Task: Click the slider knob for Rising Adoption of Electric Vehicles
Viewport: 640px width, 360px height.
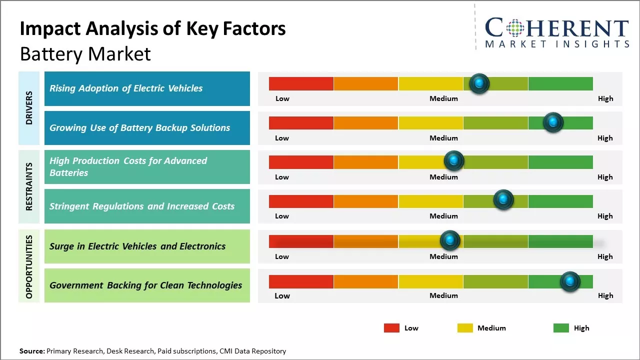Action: click(479, 83)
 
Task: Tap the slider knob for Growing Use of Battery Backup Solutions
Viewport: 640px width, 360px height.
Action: click(553, 122)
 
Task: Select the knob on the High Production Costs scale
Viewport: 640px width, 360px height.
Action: click(454, 160)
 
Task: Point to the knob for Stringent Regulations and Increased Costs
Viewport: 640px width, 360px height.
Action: click(503, 199)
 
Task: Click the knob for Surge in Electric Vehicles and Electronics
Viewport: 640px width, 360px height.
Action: click(450, 240)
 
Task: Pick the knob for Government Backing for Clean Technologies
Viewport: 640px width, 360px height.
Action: click(570, 281)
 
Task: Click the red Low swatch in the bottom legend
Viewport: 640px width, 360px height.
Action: click(391, 328)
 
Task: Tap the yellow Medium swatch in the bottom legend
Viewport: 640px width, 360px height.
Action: click(465, 328)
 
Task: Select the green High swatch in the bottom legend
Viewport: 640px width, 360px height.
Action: click(561, 328)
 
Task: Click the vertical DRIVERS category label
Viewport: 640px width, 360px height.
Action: click(29, 108)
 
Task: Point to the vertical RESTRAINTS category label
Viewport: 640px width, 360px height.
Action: click(29, 186)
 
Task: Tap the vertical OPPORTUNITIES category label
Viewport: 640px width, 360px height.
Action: click(29, 266)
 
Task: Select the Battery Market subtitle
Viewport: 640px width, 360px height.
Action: click(85, 54)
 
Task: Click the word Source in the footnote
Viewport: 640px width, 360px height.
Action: click(31, 351)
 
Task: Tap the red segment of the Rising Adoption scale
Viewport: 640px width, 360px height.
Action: click(301, 83)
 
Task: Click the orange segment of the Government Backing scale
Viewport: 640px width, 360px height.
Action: click(366, 281)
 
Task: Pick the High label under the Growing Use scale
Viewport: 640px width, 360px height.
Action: click(605, 138)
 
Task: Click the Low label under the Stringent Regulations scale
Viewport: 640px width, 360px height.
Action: click(282, 216)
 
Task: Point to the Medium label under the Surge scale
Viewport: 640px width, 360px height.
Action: click(443, 256)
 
